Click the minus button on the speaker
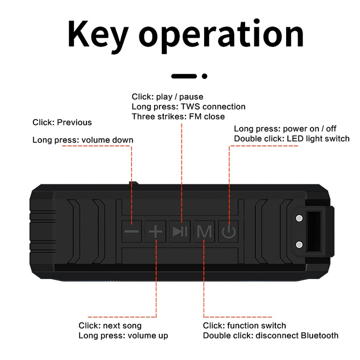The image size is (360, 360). pyautogui.click(x=131, y=231)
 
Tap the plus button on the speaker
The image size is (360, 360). pyautogui.click(x=155, y=231)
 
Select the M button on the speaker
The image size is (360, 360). pyautogui.click(x=204, y=231)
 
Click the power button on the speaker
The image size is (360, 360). pyautogui.click(x=229, y=231)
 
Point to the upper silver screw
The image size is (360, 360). pyautogui.click(x=299, y=218)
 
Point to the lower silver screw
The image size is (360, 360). pyautogui.click(x=299, y=245)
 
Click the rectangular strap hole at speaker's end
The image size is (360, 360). pyautogui.click(x=314, y=231)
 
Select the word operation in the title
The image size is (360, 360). pyautogui.click(x=221, y=36)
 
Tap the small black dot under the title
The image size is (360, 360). pyautogui.click(x=205, y=76)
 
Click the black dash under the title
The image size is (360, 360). pyautogui.click(x=184, y=76)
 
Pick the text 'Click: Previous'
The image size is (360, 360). pyautogui.click(x=62, y=123)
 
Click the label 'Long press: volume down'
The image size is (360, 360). pyautogui.click(x=83, y=140)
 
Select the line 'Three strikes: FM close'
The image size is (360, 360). pyautogui.click(x=178, y=117)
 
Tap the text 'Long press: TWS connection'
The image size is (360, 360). pyautogui.click(x=189, y=107)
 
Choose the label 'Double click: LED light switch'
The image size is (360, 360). pyautogui.click(x=292, y=139)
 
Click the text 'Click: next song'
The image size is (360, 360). pyautogui.click(x=110, y=325)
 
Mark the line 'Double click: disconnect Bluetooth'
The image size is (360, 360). pyautogui.click(x=271, y=336)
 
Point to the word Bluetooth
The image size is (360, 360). pyautogui.click(x=319, y=335)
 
